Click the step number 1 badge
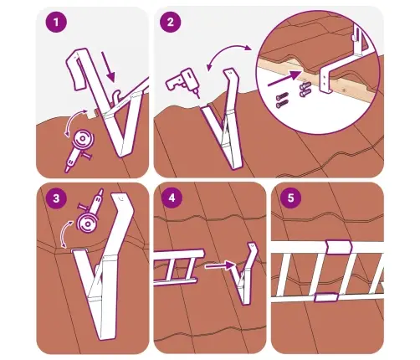[x=56, y=22]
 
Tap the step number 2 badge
[x=171, y=22]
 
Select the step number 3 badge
[x=56, y=198]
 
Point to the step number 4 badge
[x=172, y=198]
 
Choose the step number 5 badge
[x=291, y=198]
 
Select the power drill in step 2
[x=182, y=81]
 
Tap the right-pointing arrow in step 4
[x=221, y=265]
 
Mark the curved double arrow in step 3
[x=66, y=233]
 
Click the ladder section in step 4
[x=178, y=267]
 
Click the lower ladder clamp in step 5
[x=326, y=297]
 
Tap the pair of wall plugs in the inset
[x=305, y=90]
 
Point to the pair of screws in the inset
[x=282, y=100]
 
